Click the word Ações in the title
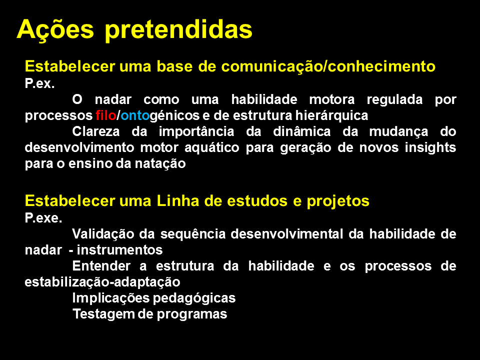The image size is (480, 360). (x=55, y=30)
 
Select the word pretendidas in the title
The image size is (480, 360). (x=178, y=30)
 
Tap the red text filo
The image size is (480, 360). (x=106, y=115)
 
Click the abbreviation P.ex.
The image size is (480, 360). (x=40, y=83)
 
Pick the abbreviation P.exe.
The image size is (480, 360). (x=43, y=218)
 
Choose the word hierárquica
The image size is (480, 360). (x=331, y=115)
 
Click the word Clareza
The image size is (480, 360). (x=96, y=131)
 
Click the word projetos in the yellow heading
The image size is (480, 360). (x=338, y=201)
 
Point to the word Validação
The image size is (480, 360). (x=103, y=234)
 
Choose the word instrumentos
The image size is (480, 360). (x=119, y=250)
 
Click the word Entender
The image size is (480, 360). (x=101, y=266)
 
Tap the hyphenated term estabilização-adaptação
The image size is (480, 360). (x=102, y=282)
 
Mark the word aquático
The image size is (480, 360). (x=212, y=148)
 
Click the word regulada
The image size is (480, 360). (x=394, y=100)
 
